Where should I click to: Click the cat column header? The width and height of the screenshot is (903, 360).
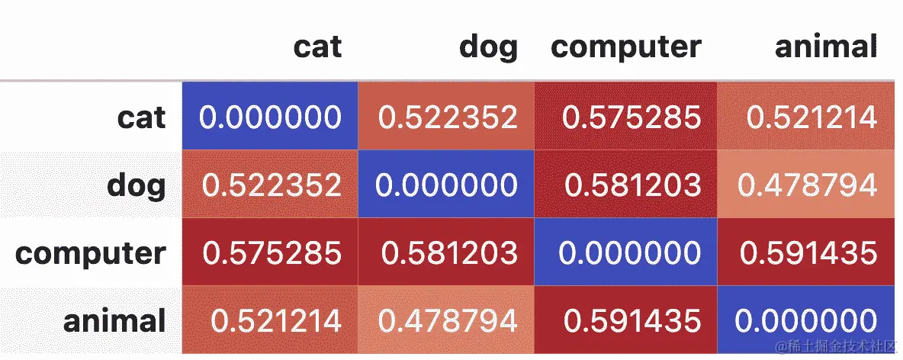point(317,47)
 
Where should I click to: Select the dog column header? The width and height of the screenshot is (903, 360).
point(488,47)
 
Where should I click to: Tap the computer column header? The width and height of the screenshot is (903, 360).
point(625,47)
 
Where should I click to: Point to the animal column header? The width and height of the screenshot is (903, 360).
point(826,47)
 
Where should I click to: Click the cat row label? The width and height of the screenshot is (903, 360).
point(141,117)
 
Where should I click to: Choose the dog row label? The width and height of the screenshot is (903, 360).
point(137,185)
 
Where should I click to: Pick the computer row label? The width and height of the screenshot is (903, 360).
point(90,253)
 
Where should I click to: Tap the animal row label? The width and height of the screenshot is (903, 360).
point(114,321)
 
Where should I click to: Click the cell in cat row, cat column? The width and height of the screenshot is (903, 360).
point(270,117)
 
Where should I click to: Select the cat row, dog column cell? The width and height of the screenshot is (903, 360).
point(448,117)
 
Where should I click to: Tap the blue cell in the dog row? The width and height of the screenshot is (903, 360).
point(447,185)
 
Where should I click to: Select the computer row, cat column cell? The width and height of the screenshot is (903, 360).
point(270,253)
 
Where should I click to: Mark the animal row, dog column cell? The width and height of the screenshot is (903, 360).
point(447,321)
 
